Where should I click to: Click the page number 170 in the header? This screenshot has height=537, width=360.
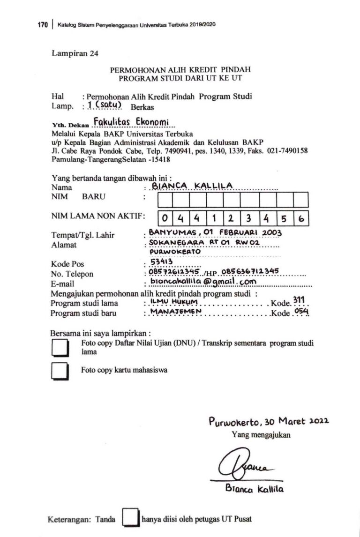pos(43,25)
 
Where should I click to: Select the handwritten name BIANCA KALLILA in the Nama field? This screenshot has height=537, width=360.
pos(192,186)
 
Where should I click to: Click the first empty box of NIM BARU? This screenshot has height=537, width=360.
pos(164,200)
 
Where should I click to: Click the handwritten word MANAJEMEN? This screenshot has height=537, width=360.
pos(175,312)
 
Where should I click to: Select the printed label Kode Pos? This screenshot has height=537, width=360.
pos(67,264)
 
